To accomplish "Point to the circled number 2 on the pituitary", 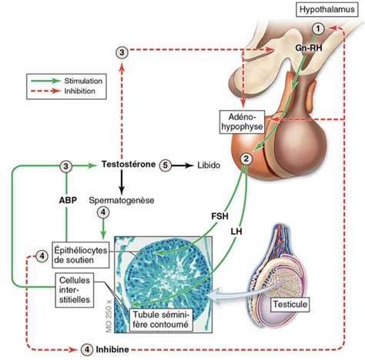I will pyautogui.click(x=245, y=159).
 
